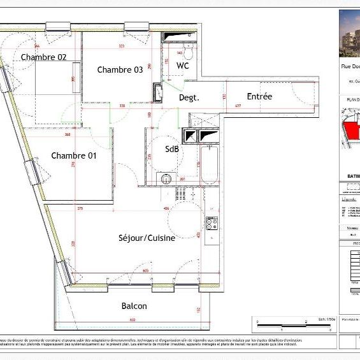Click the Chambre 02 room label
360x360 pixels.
44,57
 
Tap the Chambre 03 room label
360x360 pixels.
120,70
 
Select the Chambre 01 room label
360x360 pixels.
74,155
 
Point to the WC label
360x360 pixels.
183,66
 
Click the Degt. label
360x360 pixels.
189,97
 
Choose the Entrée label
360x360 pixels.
259,96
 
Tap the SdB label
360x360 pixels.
172,149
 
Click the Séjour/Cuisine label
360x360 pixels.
147,238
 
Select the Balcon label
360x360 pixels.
134,306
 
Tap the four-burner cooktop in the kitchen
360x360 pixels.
212,224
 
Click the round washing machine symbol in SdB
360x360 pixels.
164,179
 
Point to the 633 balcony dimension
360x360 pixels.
133,319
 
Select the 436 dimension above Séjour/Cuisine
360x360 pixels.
166,208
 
